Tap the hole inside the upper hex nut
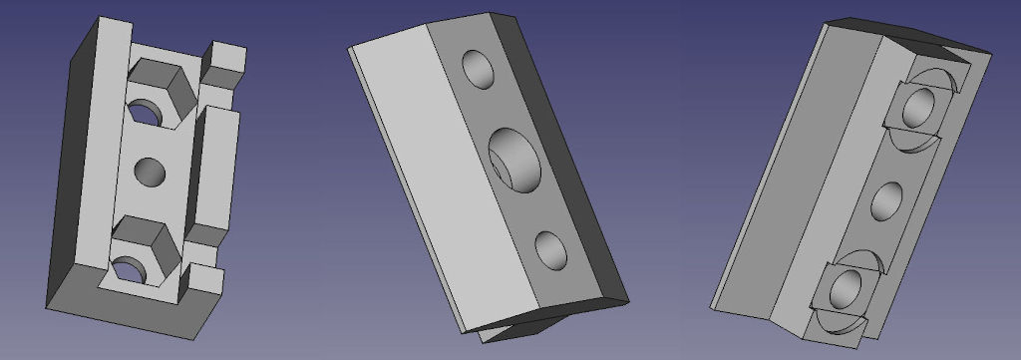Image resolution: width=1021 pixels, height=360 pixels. (x=146, y=110)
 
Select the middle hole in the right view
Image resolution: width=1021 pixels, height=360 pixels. (x=885, y=201)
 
